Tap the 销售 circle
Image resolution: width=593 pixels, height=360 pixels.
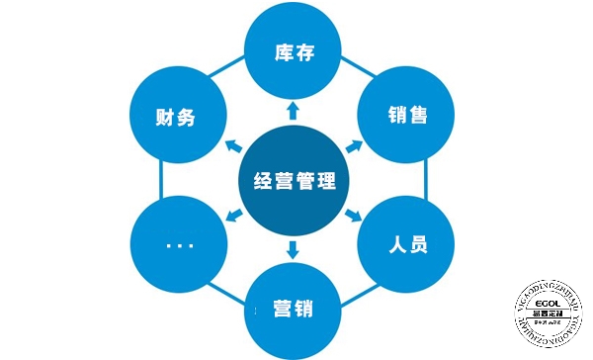point(407,116)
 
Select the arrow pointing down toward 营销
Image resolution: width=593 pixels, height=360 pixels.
point(293,251)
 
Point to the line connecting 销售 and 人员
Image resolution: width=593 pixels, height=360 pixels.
point(426,180)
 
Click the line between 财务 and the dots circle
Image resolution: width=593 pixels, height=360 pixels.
point(159,180)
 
